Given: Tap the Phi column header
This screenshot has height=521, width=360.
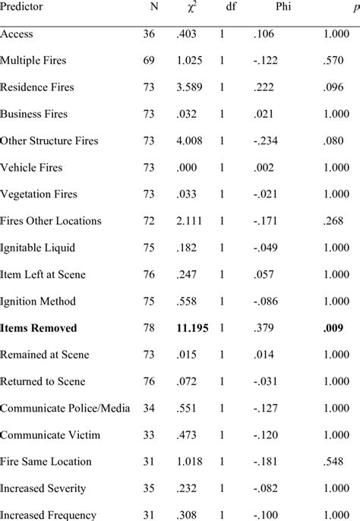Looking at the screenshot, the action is point(269,7).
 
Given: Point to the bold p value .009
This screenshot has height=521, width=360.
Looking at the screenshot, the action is point(339,328).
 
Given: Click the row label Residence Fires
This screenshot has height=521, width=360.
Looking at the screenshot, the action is point(36,87).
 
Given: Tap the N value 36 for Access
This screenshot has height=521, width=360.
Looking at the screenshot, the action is point(149,33).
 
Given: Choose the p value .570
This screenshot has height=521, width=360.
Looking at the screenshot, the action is point(339,61).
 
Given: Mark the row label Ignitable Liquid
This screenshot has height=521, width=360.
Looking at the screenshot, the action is point(38,248).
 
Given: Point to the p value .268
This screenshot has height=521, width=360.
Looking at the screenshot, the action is point(339,221).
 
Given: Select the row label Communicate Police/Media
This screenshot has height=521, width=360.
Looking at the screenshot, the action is point(65,409).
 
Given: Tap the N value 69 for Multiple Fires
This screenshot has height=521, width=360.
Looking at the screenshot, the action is point(149,61).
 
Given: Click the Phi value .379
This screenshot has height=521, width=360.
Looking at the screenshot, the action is point(265,328).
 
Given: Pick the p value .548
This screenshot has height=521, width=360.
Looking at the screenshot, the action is point(339,462).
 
